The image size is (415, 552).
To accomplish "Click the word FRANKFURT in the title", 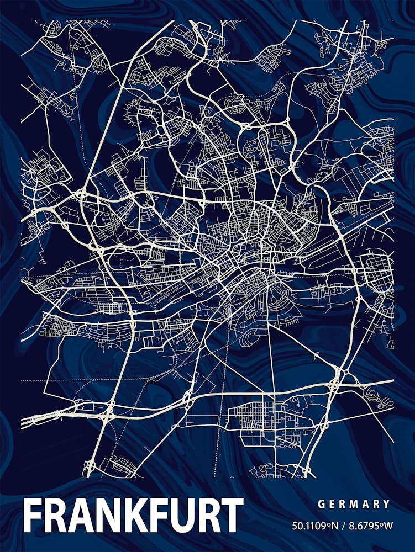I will (133, 516).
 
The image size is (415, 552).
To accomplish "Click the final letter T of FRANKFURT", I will (231, 516).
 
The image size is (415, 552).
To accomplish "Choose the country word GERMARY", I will (354, 504).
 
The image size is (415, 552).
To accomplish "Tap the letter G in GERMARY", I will (321, 504).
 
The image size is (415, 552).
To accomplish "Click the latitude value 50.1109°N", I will (313, 526).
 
